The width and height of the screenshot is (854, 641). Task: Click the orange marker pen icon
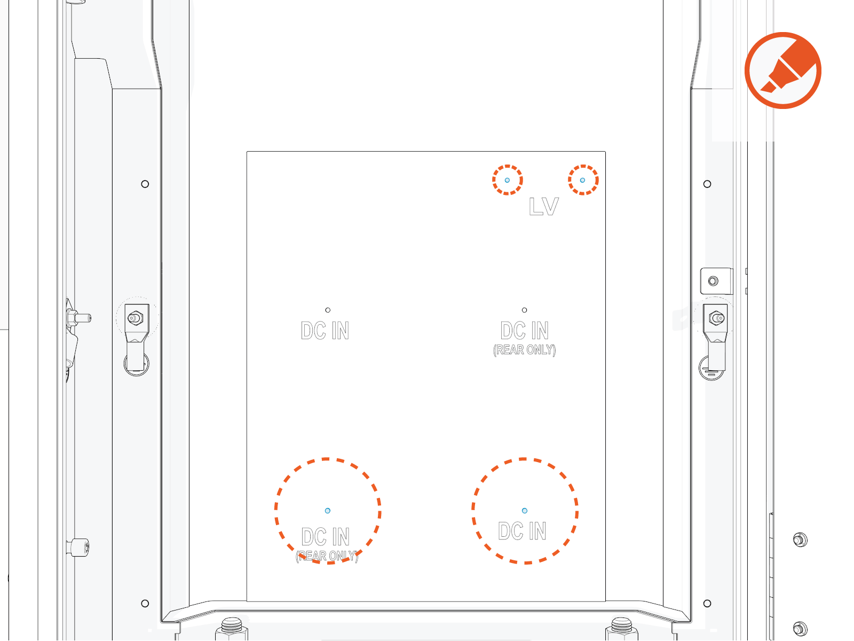point(783,71)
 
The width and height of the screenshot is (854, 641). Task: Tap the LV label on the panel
point(543,207)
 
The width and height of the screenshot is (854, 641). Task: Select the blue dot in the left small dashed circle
point(507,180)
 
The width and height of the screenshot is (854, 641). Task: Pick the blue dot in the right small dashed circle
point(582,180)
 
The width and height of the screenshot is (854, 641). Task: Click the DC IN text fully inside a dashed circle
point(522,531)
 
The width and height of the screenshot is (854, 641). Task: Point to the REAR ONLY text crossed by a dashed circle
point(327,556)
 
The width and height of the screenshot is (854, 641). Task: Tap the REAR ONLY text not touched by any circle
point(524,350)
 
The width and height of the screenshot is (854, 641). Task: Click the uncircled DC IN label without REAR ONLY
point(325,331)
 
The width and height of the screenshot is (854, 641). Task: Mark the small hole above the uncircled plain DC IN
point(328,310)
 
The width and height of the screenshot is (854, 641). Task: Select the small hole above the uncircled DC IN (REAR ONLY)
point(524,310)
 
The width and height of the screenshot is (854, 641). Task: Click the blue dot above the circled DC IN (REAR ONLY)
point(328,511)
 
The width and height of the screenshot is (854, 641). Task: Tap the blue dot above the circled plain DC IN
point(524,511)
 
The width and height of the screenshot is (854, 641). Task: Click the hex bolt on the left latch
point(135,318)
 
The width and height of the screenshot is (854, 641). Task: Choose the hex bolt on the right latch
point(716,318)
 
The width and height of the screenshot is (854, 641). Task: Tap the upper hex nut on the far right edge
point(800,540)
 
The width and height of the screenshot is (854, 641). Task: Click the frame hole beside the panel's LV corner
point(707,184)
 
